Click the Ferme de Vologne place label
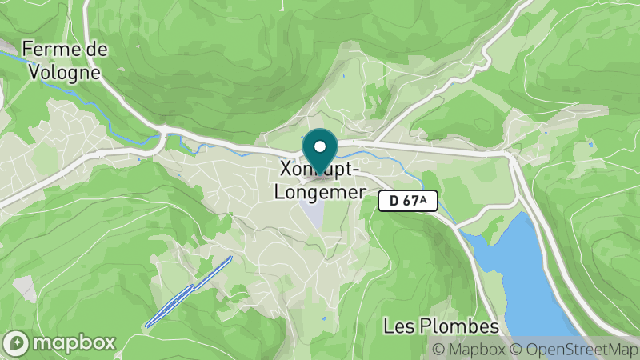65,60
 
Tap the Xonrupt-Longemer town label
319,181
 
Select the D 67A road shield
408,201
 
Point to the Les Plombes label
441,326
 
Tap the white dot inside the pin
321,146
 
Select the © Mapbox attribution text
468,349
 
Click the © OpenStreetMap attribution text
571,349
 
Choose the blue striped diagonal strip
189,291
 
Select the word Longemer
319,192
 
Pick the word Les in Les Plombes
396,326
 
